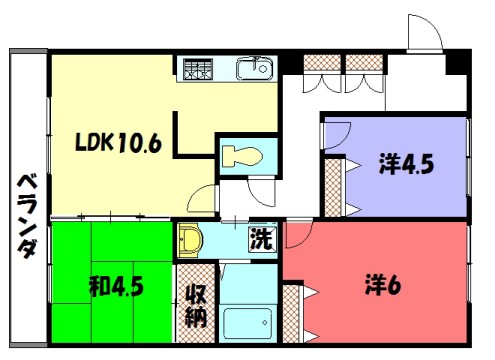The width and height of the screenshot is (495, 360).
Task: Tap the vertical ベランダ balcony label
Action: [26, 214]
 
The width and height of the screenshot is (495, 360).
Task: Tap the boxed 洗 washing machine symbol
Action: [260, 241]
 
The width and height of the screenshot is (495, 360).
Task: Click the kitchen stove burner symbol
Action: [196, 69]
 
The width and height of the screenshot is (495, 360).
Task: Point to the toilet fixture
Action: [239, 156]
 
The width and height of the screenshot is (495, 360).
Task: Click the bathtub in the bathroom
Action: [247, 326]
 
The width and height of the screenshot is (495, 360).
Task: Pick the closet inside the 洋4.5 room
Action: [333, 185]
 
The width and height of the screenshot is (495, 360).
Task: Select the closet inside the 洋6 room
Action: [292, 314]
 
